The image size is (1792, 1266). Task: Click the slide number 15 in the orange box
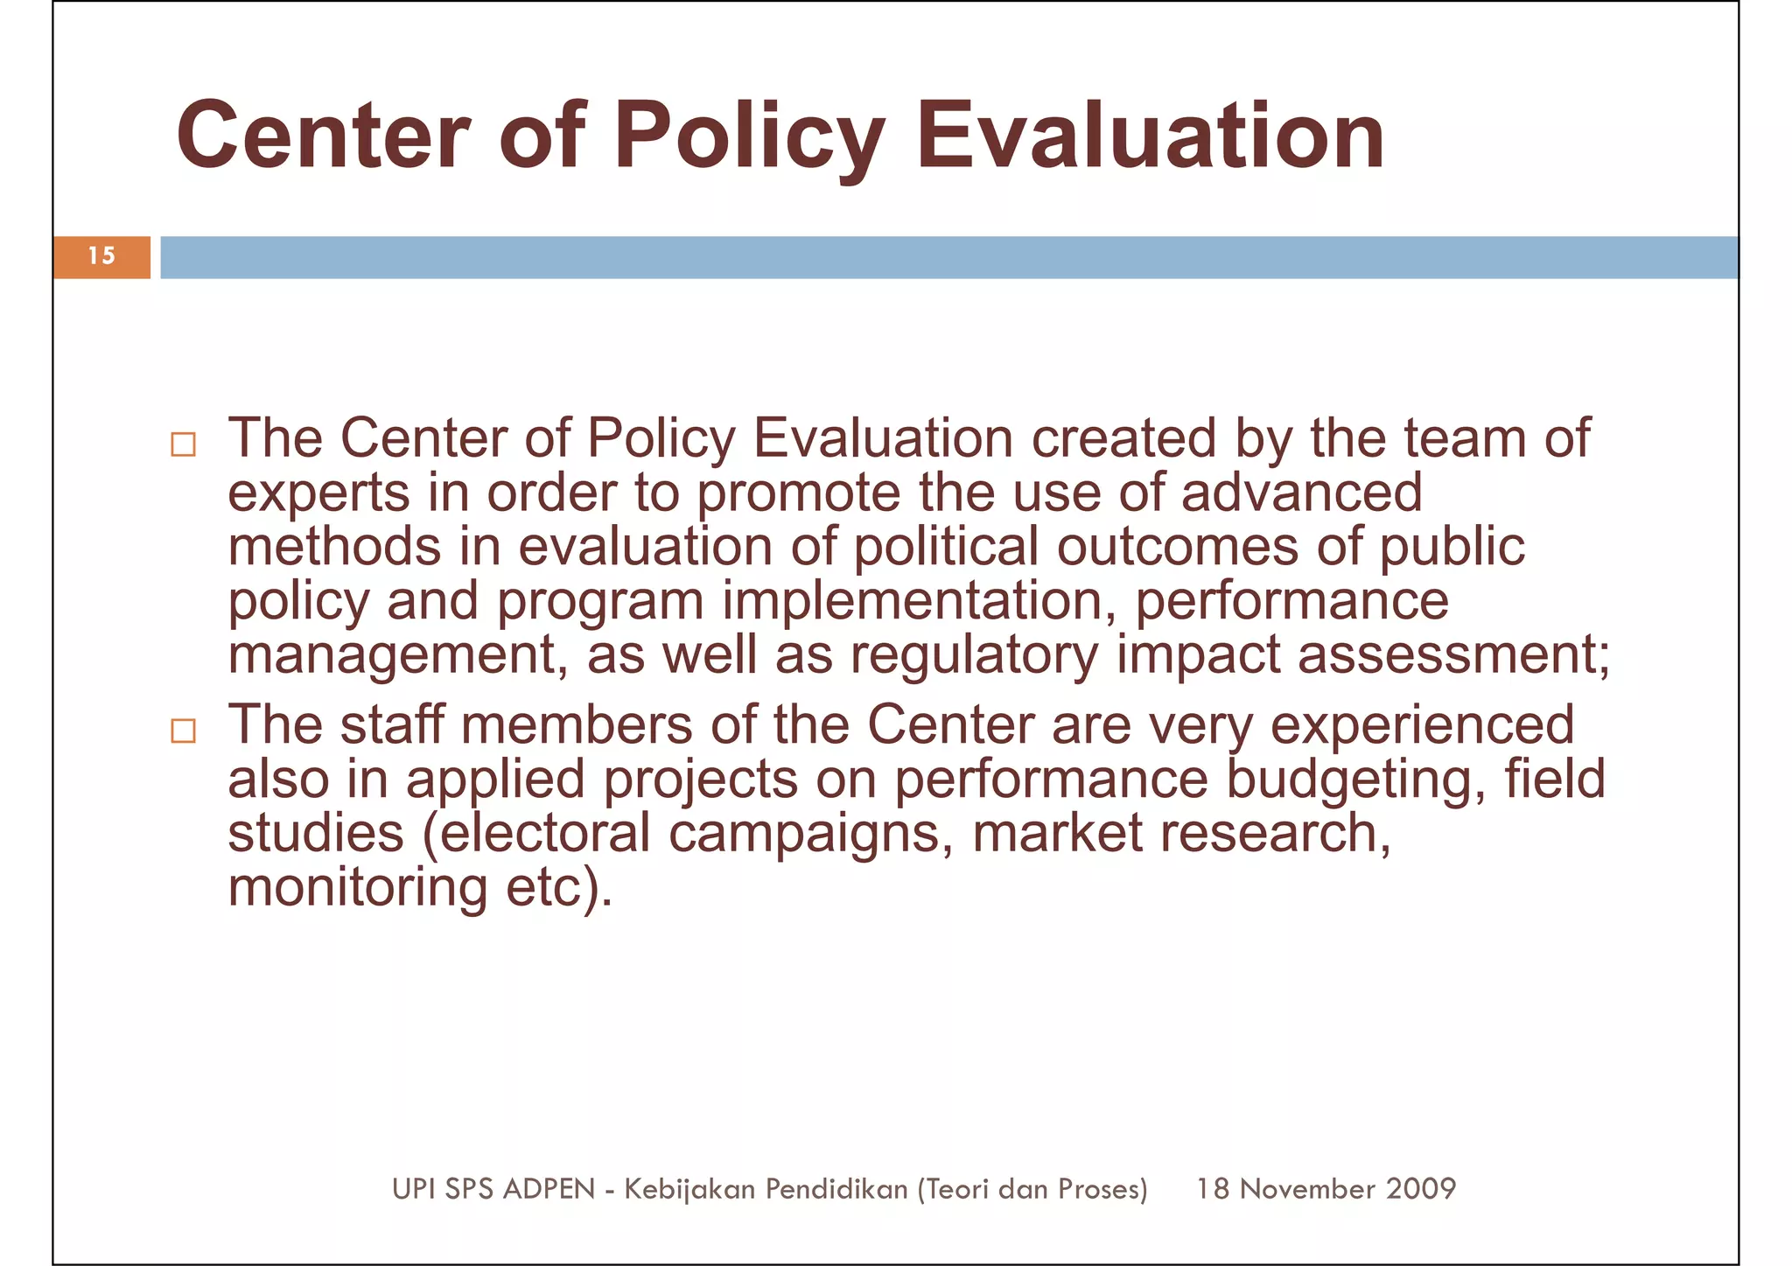[x=101, y=255]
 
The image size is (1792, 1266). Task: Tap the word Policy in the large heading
[x=749, y=137]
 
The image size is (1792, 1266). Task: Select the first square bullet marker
[x=183, y=444]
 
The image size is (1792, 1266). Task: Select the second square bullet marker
[x=183, y=731]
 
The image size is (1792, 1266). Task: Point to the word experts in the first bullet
[x=318, y=493]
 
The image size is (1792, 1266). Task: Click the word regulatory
[x=974, y=655]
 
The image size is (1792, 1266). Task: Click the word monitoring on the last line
[x=358, y=888]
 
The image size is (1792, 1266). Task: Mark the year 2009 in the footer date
[x=1421, y=1188]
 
